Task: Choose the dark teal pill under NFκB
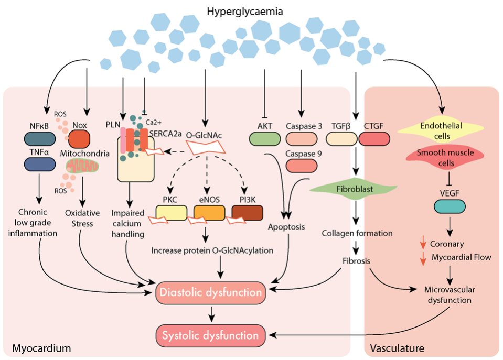(40, 138)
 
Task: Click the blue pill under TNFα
(40, 165)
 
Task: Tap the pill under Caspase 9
(302, 165)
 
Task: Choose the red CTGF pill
(373, 138)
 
